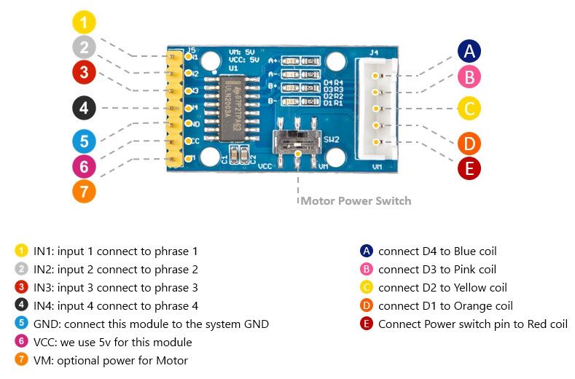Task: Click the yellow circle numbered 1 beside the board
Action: pyautogui.click(x=84, y=22)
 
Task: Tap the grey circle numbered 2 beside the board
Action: pyautogui.click(x=84, y=47)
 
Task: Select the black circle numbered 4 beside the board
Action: pyautogui.click(x=84, y=108)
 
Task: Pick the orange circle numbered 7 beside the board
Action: pyautogui.click(x=84, y=192)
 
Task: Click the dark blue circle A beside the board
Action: pyautogui.click(x=469, y=50)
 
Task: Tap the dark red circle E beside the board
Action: pyautogui.click(x=469, y=168)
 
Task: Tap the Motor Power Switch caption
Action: pyautogui.click(x=356, y=200)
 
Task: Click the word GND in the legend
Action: pyautogui.click(x=46, y=324)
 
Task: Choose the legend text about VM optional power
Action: pyautogui.click(x=110, y=360)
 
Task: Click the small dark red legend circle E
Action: pyautogui.click(x=366, y=324)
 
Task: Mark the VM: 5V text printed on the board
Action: pyautogui.click(x=240, y=52)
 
